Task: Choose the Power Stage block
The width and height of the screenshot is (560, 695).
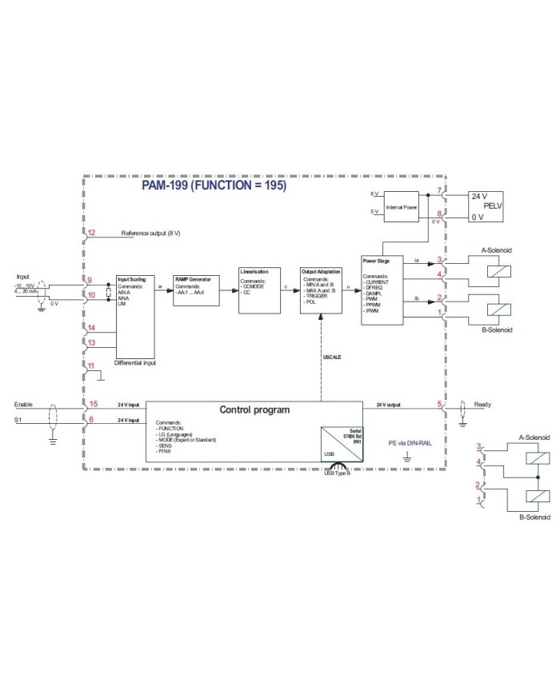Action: (382, 289)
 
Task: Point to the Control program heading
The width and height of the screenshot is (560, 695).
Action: (254, 410)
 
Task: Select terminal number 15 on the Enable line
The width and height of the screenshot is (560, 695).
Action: (93, 404)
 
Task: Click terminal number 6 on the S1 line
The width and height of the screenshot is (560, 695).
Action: (91, 420)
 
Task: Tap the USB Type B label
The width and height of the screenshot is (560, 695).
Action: (338, 473)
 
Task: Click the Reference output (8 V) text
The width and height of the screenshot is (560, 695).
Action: (150, 234)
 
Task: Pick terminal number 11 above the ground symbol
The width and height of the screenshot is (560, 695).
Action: (91, 365)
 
